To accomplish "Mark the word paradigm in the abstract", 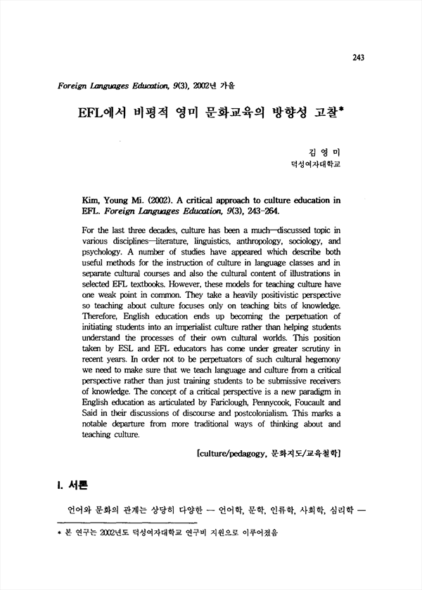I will point(305,392).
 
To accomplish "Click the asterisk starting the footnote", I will point(59,535).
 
